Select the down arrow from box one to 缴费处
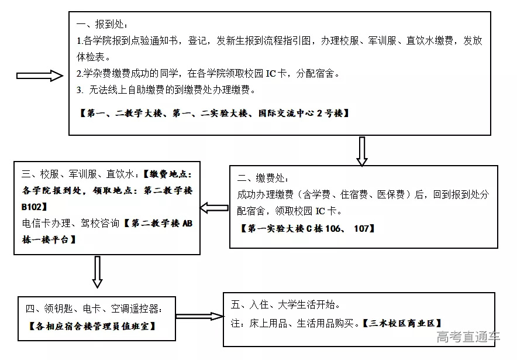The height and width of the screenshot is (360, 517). [x=362, y=152]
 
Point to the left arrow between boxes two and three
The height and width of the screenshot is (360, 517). [x=214, y=208]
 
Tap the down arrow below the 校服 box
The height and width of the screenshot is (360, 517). [x=98, y=272]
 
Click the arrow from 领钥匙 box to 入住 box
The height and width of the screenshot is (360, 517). [x=199, y=316]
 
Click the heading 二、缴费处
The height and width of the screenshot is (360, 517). [x=263, y=177]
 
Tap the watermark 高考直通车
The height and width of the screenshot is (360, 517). [x=468, y=337]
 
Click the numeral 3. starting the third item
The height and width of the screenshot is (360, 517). [x=81, y=90]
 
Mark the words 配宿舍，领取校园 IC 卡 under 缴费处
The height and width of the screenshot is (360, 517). [x=289, y=211]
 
